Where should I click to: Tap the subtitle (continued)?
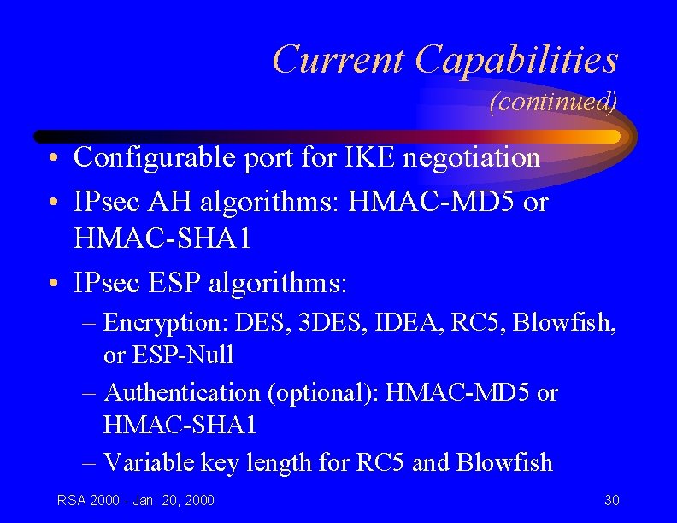coord(552,103)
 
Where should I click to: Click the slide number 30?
coord(611,500)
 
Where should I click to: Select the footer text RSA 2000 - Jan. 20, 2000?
coord(136,500)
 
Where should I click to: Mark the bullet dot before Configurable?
coord(54,159)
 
